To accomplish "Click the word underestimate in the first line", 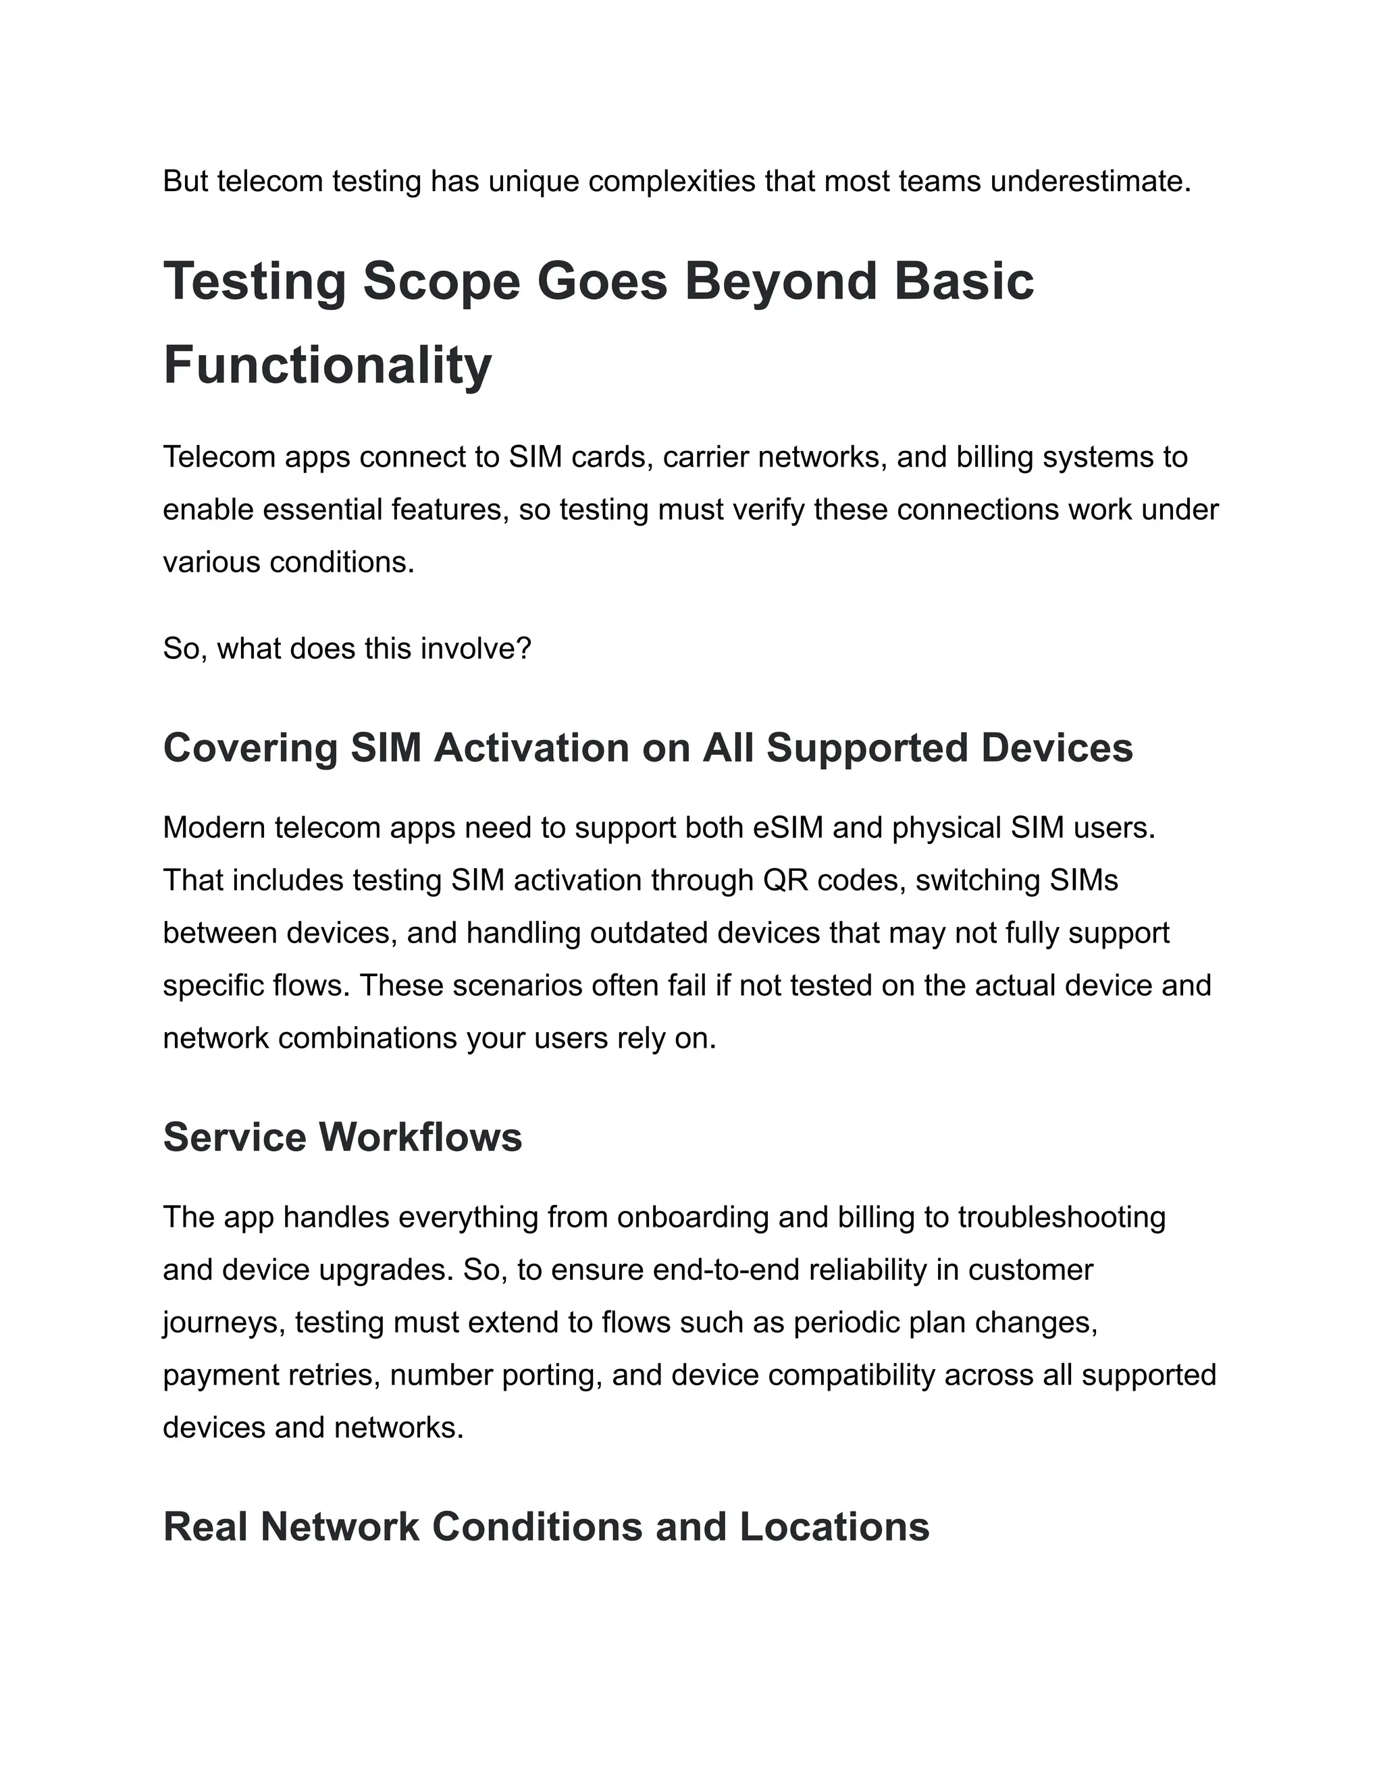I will coord(1090,181).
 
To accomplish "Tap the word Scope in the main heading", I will coord(441,281).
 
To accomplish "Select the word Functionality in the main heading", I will coord(327,365).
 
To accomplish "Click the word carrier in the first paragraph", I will coord(706,457).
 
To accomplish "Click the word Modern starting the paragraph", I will coord(214,828).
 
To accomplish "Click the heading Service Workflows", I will coord(342,1138).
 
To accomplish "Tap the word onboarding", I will coord(692,1217).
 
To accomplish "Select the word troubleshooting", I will coord(1061,1217).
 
